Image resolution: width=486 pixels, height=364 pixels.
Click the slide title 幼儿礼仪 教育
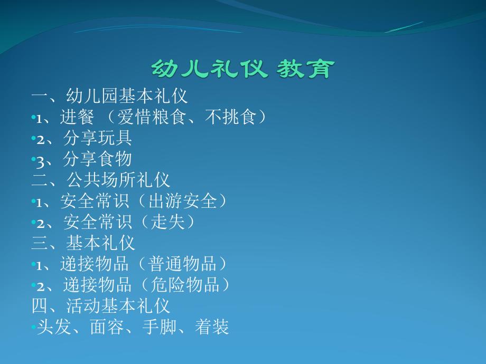[242, 69]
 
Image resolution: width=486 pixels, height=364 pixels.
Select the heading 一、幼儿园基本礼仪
[109, 96]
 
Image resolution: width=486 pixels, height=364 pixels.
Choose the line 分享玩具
[97, 138]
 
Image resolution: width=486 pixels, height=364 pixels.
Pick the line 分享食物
[97, 159]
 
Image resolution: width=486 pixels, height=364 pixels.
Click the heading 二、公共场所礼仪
[101, 180]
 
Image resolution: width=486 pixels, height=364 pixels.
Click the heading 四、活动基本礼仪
[101, 306]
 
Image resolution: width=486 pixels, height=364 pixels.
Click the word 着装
[212, 327]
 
